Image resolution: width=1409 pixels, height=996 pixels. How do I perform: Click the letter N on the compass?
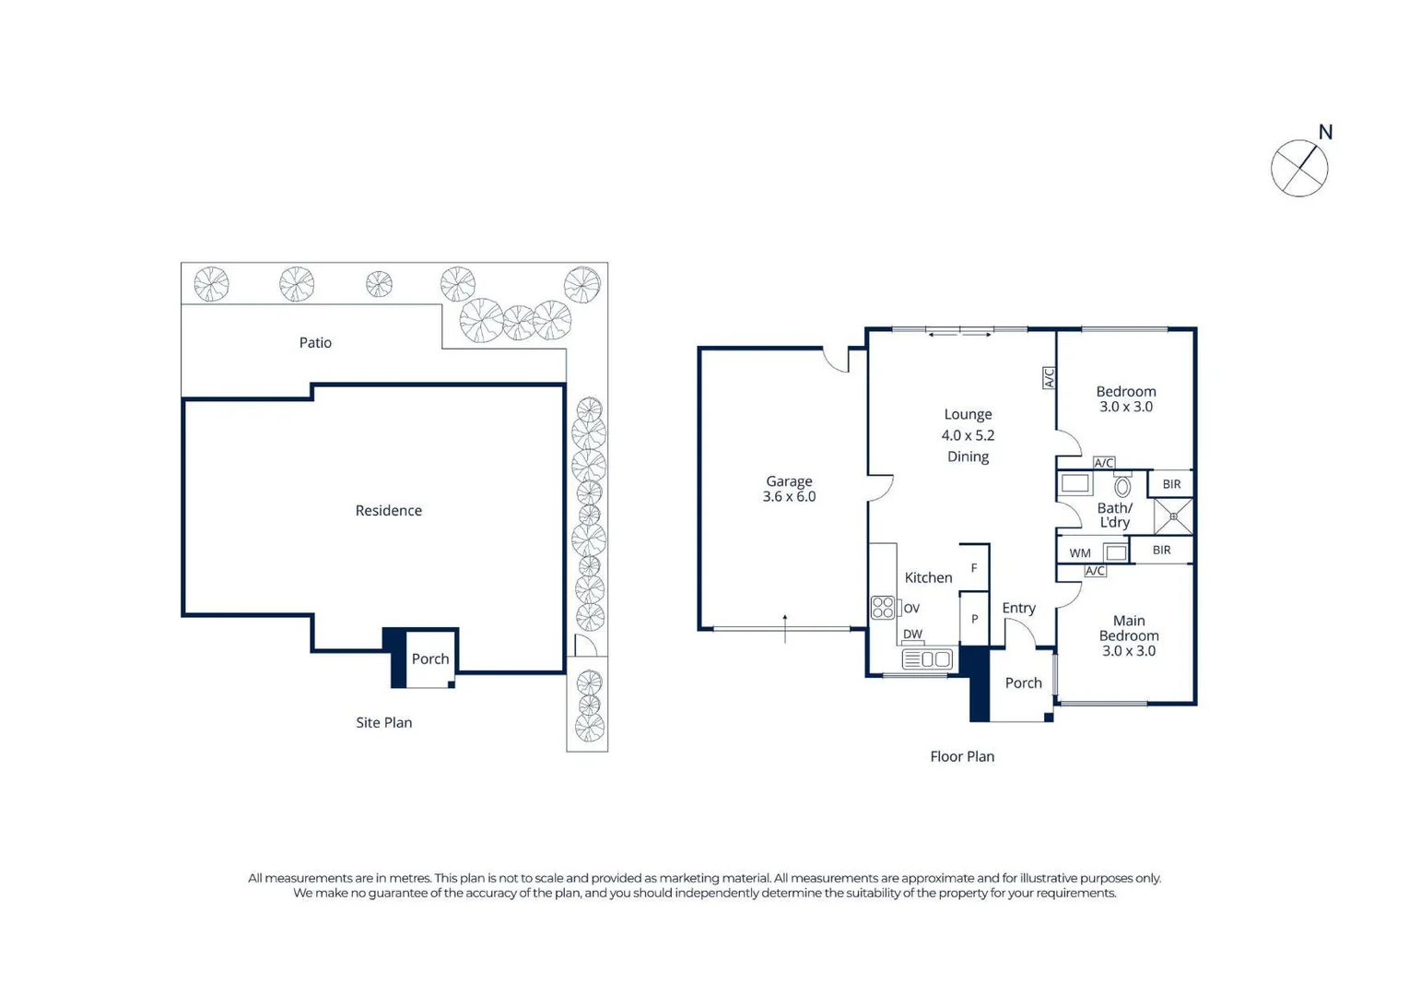[x=1325, y=132]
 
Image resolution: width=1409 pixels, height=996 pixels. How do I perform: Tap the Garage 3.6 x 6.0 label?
[x=789, y=489]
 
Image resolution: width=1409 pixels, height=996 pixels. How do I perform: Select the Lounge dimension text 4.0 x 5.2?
[x=968, y=435]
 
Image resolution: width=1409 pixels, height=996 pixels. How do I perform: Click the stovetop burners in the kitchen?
[x=883, y=608]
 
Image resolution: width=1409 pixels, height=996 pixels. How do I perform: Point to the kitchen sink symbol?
[x=927, y=659]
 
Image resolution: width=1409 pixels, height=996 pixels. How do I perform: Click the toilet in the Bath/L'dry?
[x=1122, y=485]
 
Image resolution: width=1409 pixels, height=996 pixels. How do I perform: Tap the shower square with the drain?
[x=1173, y=516]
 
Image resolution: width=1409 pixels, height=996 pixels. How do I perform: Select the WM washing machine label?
[x=1080, y=552]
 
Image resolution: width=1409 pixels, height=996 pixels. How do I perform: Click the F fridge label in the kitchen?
[x=974, y=568]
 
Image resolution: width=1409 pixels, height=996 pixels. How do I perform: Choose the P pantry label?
[x=974, y=619]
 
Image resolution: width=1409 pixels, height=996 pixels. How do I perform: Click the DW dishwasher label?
[x=912, y=634]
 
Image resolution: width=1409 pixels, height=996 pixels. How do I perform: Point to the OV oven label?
[x=911, y=608]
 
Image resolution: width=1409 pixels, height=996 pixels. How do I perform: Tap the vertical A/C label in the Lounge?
[x=1049, y=378]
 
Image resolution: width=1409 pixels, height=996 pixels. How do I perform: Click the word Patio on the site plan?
[x=315, y=342]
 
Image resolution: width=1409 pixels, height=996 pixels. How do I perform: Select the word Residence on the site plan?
[x=389, y=511]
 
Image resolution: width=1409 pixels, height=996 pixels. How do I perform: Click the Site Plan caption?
[x=383, y=722]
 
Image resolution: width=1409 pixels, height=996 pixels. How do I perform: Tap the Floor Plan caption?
[x=962, y=756]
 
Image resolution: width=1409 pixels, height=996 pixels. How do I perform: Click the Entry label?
[x=1018, y=608]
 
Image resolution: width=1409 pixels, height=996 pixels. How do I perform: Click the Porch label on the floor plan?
[x=1024, y=683]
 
